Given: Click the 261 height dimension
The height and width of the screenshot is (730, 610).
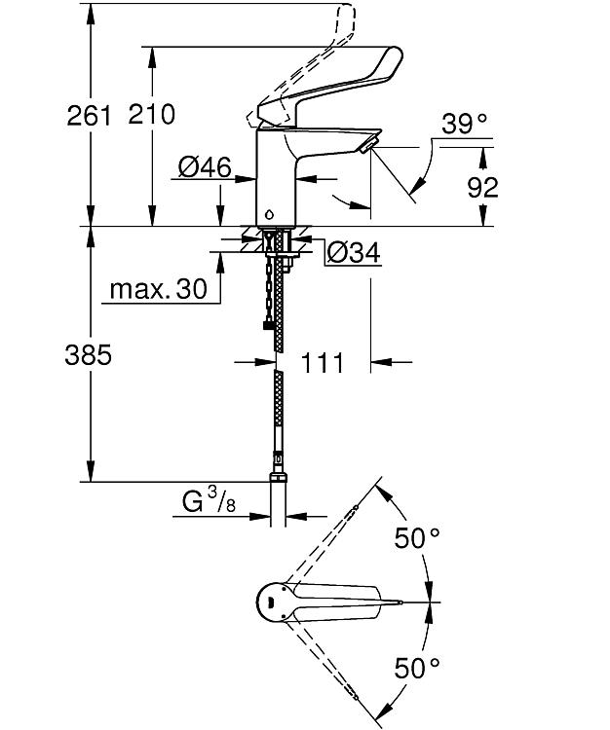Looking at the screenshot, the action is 90,115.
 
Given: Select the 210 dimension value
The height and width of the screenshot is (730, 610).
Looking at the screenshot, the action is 151,114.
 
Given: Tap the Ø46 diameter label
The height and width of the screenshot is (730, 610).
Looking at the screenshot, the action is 205,166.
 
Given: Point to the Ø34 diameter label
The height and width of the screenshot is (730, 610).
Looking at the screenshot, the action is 353,252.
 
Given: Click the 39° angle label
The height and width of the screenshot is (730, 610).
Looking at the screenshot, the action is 464,124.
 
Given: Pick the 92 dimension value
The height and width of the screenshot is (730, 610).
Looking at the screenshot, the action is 482,187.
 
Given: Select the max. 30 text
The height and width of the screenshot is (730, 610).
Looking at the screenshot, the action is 159,289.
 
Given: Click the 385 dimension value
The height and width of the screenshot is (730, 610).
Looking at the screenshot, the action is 89,355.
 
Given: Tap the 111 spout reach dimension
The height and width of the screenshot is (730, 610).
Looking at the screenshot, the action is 323,363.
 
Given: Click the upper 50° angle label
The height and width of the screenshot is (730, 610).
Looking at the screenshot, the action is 417,538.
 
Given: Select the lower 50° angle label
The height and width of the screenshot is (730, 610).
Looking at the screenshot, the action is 417,668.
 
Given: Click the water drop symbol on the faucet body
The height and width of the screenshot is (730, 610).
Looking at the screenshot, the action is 270,215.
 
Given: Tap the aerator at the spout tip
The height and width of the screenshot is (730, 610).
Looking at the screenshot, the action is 369,144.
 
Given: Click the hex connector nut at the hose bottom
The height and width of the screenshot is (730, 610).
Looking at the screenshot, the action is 279,478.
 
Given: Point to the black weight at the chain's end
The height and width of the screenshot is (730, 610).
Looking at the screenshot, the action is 267,325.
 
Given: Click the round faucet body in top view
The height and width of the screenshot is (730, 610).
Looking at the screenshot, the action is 275,602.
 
